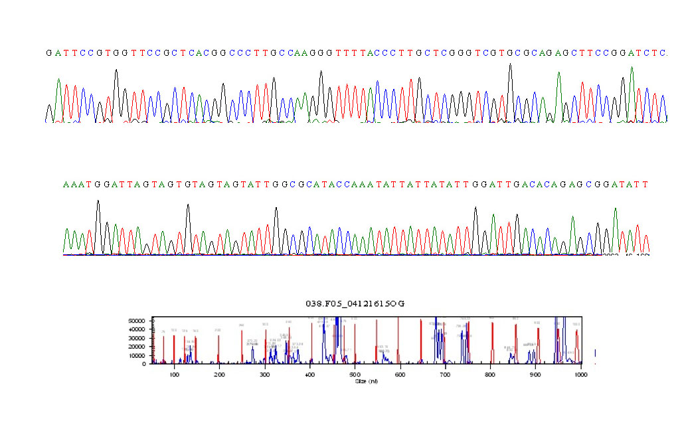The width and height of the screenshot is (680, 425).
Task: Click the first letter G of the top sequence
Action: pyautogui.click(x=48, y=53)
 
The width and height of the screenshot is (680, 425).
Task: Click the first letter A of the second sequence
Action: pyautogui.click(x=66, y=184)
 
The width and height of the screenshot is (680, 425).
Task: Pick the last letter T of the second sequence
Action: pyautogui.click(x=644, y=184)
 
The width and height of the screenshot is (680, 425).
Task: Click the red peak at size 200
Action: pyautogui.click(x=218, y=345)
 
